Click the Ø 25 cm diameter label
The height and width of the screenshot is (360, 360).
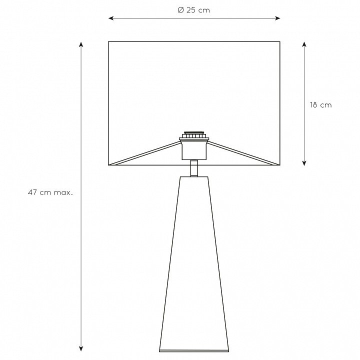click(194, 10)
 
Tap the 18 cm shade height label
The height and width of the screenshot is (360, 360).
click(320, 105)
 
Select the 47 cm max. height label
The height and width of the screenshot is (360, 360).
click(50, 192)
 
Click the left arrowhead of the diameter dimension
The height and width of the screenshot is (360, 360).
click(111, 18)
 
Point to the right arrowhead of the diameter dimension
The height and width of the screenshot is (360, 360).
click(277, 18)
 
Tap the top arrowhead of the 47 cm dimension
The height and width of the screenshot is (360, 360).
click(81, 44)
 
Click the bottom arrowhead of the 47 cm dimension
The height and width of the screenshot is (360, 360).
click(81, 348)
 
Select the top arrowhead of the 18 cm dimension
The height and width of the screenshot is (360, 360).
click(304, 44)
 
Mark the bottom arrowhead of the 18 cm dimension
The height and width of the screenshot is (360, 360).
click(304, 163)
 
